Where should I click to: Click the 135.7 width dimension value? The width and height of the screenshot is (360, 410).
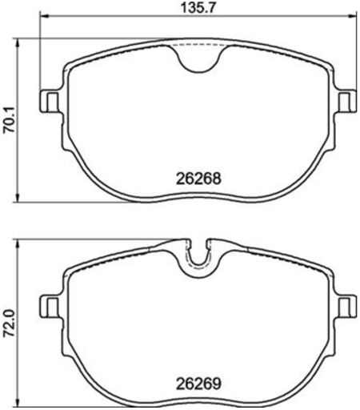click(x=198, y=7)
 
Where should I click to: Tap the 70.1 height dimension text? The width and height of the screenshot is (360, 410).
click(x=9, y=122)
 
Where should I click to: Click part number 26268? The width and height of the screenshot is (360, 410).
click(x=198, y=179)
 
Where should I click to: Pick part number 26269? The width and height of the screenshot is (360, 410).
click(x=198, y=384)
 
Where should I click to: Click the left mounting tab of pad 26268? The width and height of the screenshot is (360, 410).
click(x=50, y=101)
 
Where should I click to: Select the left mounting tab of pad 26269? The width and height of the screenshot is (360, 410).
click(x=50, y=306)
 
